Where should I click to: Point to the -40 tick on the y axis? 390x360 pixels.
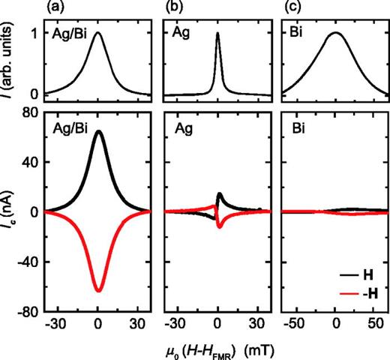coord(26,262)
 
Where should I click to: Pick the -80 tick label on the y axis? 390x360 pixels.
coord(26,311)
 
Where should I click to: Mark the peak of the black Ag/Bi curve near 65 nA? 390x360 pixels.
coord(97,131)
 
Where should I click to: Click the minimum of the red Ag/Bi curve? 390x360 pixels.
coord(97,290)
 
